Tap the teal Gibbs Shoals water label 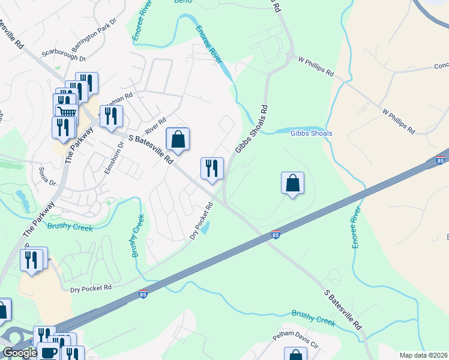(x=311, y=133)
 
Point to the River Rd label (x=154, y=126)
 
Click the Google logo (x=20, y=353)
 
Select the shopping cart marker (x=67, y=112)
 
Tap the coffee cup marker (x=48, y=352)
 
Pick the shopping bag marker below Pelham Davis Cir (x=295, y=355)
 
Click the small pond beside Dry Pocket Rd (x=205, y=228)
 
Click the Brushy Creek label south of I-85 (x=313, y=317)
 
